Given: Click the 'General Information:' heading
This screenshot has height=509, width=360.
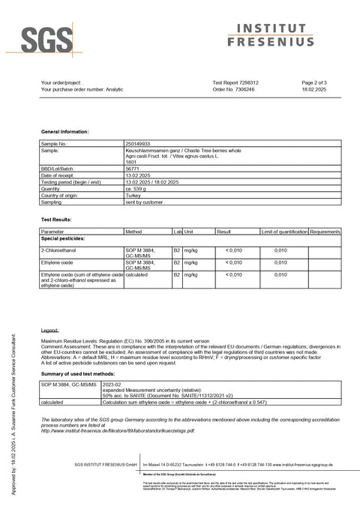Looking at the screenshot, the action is [64, 131].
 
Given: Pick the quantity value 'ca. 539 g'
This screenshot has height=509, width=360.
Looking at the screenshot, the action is [137, 189].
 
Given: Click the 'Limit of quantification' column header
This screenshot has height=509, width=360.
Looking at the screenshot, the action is [284, 232].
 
